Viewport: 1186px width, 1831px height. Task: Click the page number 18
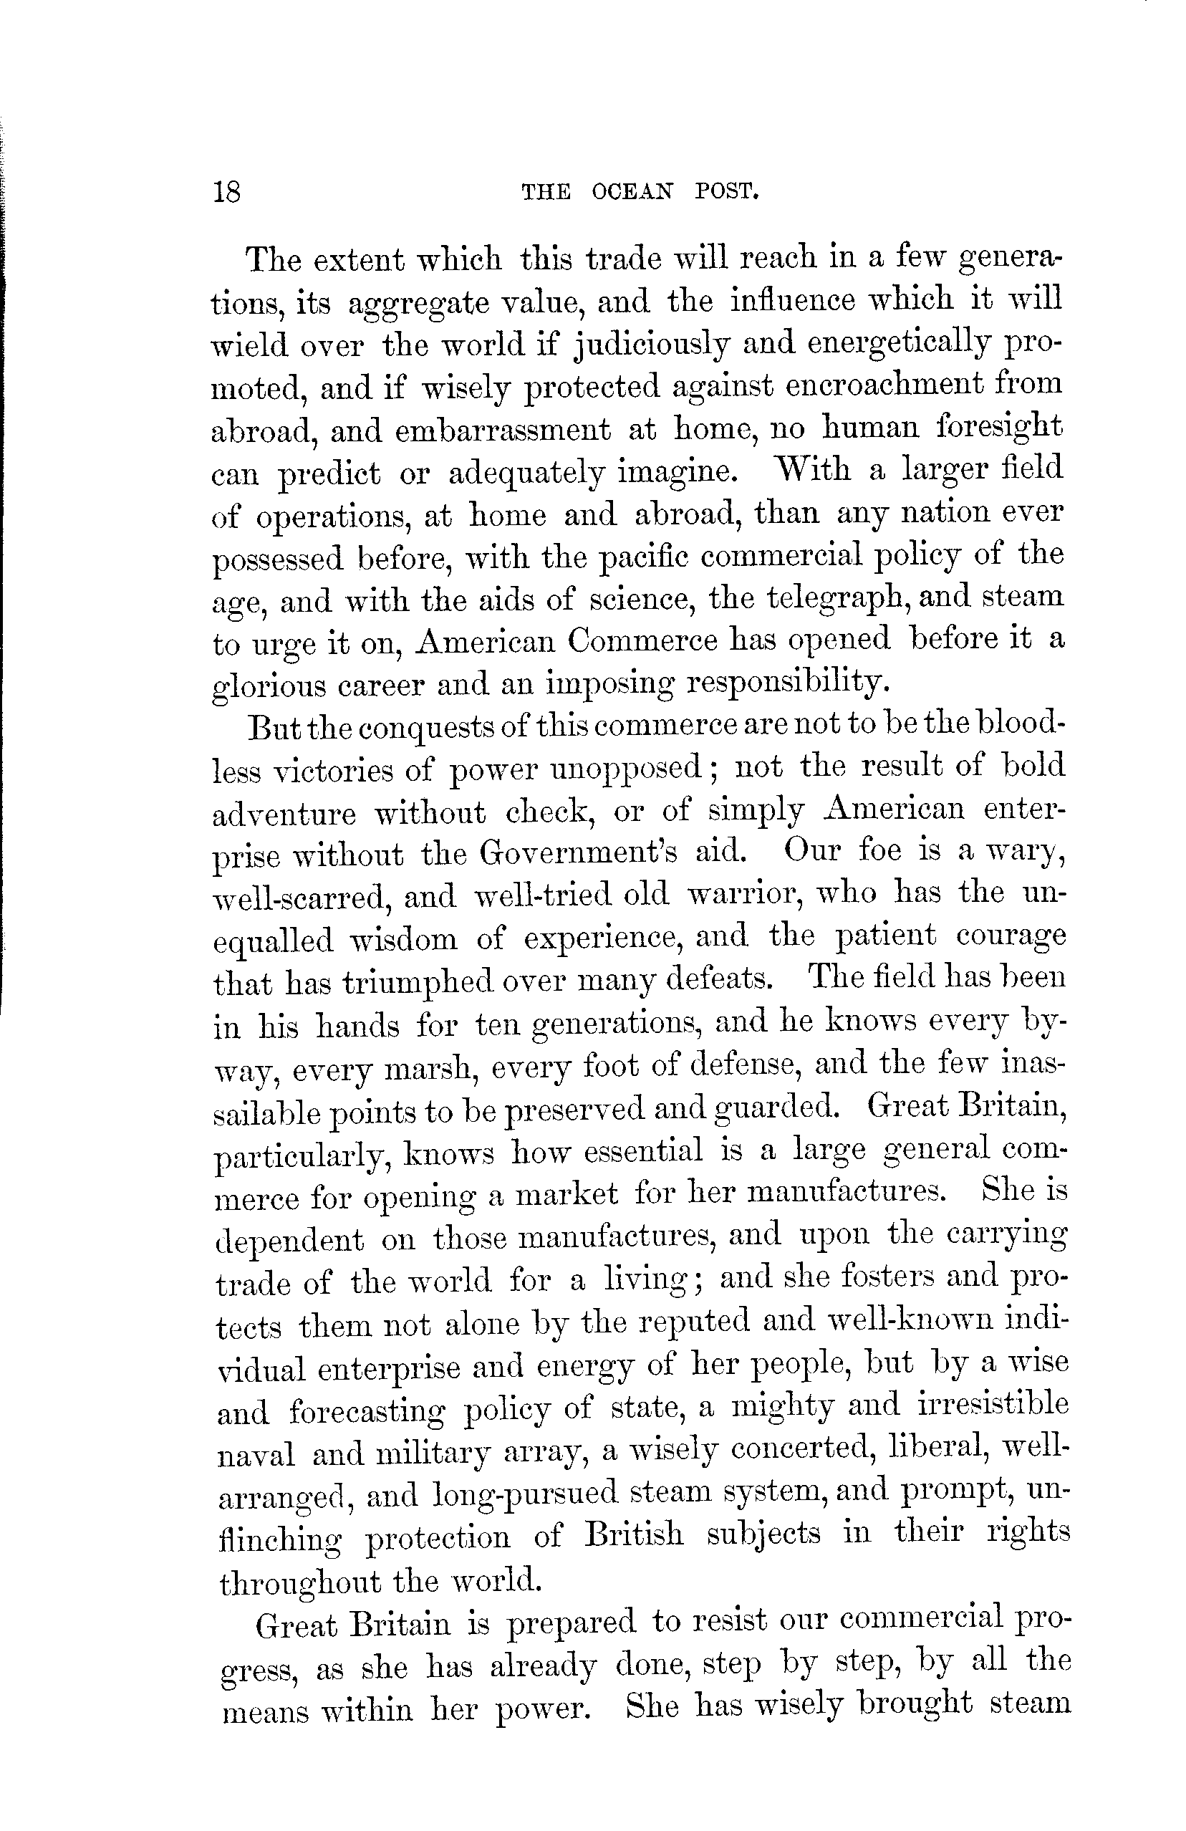pyautogui.click(x=227, y=191)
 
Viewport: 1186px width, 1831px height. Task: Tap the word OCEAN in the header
pyautogui.click(x=632, y=191)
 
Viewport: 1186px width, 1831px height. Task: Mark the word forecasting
pyautogui.click(x=367, y=1412)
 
